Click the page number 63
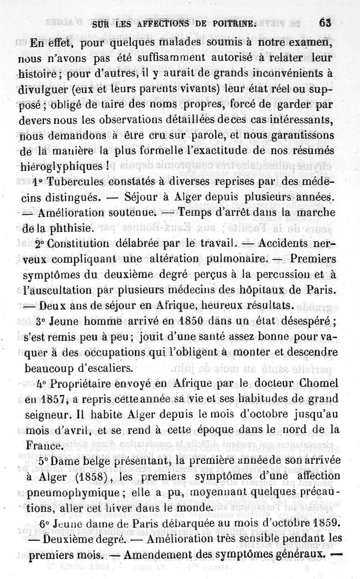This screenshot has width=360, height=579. [324, 23]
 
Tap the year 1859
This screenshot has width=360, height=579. [321, 524]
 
